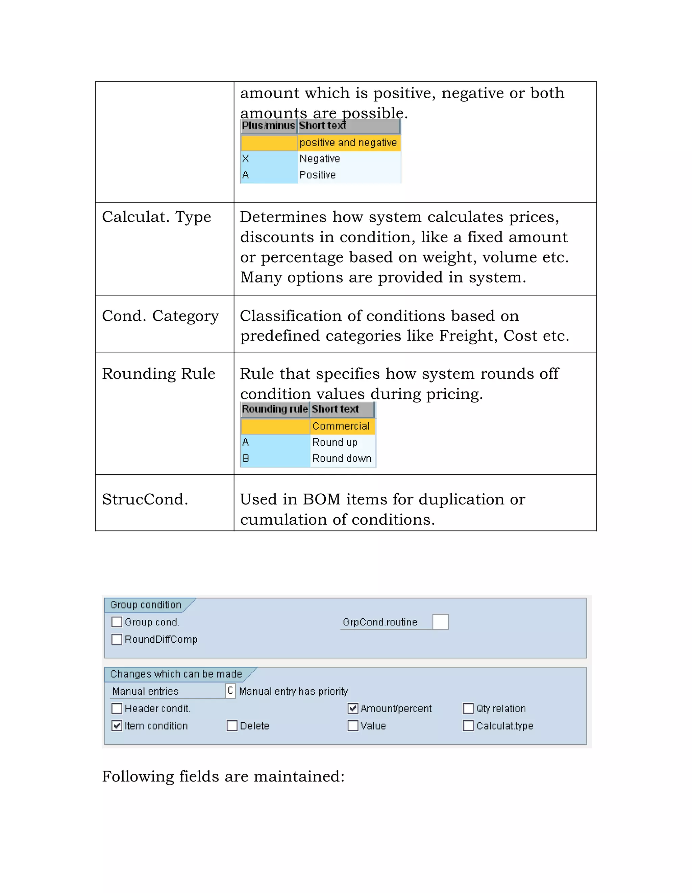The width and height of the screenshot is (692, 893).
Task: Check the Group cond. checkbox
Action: coord(117,622)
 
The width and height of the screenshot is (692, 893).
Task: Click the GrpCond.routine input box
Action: coord(441,622)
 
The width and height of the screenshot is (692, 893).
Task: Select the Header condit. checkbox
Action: coord(117,708)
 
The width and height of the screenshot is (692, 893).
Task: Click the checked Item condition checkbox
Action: coord(117,726)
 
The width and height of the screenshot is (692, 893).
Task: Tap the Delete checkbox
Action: coord(232,726)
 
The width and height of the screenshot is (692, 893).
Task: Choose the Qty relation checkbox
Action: coord(468,708)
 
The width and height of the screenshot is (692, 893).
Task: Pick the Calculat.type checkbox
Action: coord(468,726)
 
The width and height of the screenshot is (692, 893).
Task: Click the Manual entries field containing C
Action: coord(230,691)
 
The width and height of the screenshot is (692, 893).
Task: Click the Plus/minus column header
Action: coord(268,126)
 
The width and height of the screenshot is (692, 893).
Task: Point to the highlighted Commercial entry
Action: coord(341,426)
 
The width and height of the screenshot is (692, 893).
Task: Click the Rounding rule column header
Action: coord(274,409)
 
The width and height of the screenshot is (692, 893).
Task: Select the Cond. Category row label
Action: coord(160,316)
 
